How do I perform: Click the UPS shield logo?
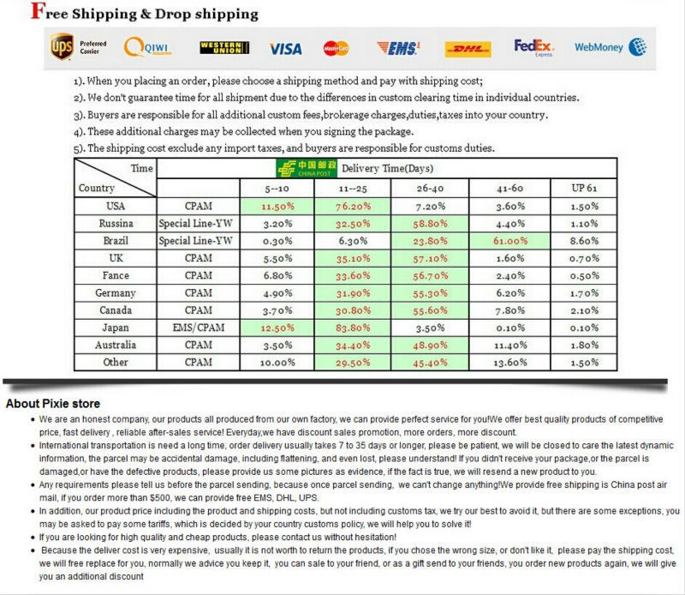62,47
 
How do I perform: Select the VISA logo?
286,49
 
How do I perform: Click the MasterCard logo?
336,49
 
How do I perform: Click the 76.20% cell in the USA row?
353,206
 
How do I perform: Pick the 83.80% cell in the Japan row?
353,327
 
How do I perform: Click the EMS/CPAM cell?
199,327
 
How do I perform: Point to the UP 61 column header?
585,188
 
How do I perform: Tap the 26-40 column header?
430,188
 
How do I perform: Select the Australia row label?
115,344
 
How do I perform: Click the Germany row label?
115,292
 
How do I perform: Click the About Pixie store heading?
53,403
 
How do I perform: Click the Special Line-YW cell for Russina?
199,224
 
